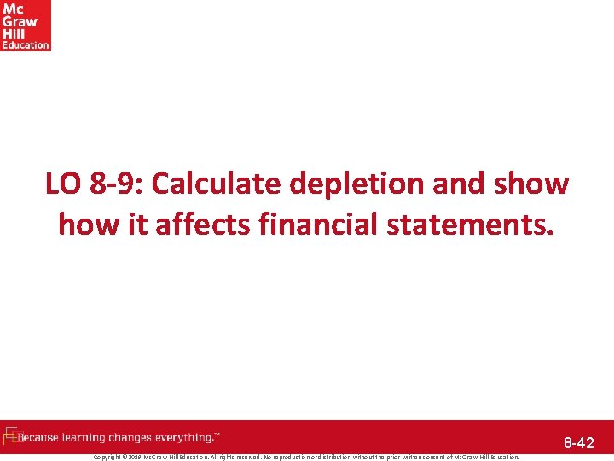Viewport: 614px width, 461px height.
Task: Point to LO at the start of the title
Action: pyautogui.click(x=62, y=184)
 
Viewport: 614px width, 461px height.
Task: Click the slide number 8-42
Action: pyautogui.click(x=578, y=443)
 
